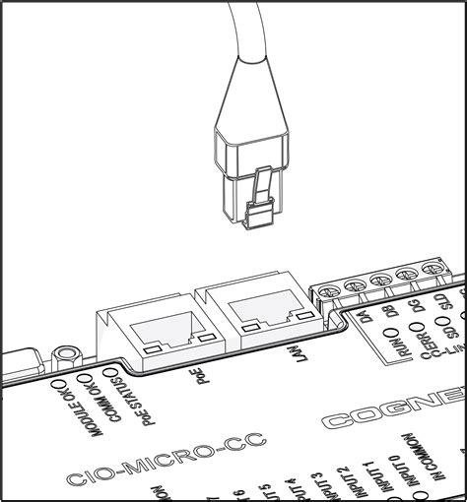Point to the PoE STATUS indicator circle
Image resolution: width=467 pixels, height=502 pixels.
(121, 371)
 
